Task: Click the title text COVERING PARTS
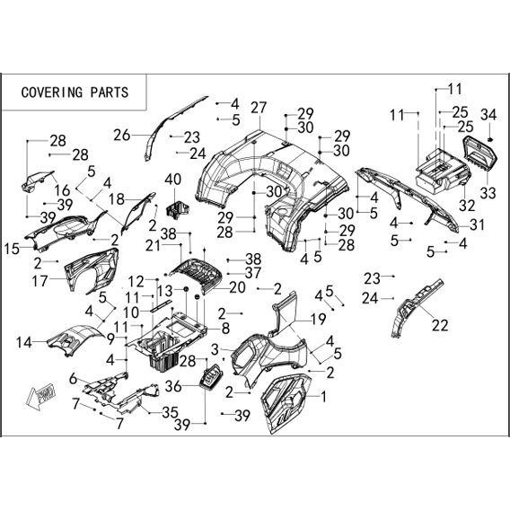pos(75,92)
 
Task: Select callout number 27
pos(259,108)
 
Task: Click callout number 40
pos(173,180)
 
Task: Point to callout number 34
pos(488,115)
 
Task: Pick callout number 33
pos(488,193)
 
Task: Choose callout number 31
pos(477,224)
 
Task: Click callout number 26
pos(121,135)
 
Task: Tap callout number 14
pos(24,342)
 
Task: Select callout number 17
pos(40,281)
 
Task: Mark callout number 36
pos(173,386)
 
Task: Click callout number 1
pos(323,397)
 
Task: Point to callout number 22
pos(440,325)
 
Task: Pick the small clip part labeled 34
pos(490,139)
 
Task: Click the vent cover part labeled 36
pos(213,376)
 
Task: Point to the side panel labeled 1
pos(286,403)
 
